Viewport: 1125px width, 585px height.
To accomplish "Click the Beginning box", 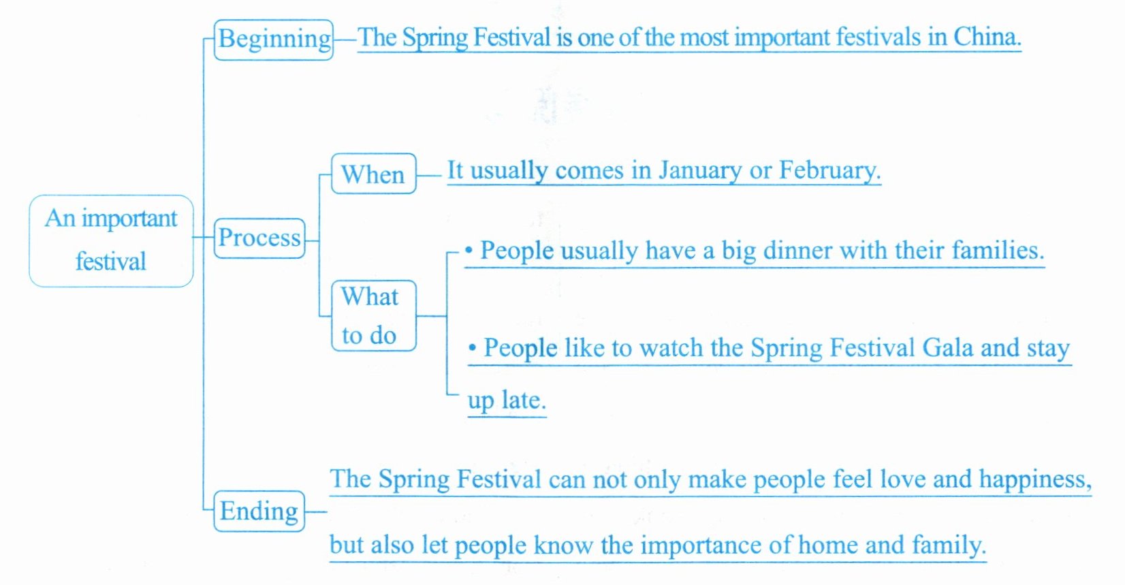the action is (274, 39).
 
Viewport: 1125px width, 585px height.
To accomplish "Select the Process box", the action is (259, 238).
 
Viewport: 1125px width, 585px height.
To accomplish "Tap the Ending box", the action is (259, 511).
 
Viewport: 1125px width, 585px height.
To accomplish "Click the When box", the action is (374, 174).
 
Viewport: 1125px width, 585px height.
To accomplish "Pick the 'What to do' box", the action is (374, 315).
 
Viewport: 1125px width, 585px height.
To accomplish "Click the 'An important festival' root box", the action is (111, 241).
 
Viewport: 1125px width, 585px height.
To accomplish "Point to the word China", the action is (987, 37).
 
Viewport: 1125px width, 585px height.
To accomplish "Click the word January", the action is (700, 171).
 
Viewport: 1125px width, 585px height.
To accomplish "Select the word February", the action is (829, 170).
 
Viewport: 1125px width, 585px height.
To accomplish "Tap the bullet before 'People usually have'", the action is (469, 250).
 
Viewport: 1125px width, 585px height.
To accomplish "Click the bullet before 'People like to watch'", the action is (472, 347).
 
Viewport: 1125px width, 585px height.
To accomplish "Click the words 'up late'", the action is (507, 400).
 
